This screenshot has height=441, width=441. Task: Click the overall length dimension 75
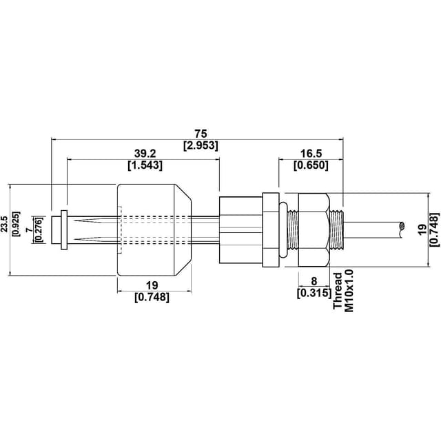(x=201, y=133)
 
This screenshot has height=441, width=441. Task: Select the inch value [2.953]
(x=201, y=145)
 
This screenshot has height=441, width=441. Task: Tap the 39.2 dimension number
(x=145, y=153)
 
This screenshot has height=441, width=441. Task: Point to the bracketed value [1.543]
(x=145, y=165)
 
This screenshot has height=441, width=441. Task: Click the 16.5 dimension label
(x=311, y=153)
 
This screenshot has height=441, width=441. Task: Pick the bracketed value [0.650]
(x=311, y=165)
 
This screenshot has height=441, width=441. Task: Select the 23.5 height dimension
(x=5, y=223)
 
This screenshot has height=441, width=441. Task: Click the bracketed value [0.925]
(x=17, y=223)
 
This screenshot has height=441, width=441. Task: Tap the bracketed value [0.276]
(x=39, y=229)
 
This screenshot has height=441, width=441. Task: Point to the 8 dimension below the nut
(x=314, y=281)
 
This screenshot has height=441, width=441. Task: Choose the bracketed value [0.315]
(x=314, y=293)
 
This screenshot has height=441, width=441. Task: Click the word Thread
(x=338, y=291)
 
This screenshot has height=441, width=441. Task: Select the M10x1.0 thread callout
(x=349, y=291)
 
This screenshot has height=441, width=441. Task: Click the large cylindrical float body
(x=154, y=229)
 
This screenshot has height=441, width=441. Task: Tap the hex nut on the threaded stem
(x=314, y=229)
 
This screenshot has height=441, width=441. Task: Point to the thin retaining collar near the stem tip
(x=64, y=229)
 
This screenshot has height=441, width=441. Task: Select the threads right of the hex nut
(x=337, y=229)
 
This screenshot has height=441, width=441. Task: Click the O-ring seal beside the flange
(x=283, y=229)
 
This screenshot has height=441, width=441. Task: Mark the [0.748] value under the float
(x=152, y=297)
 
